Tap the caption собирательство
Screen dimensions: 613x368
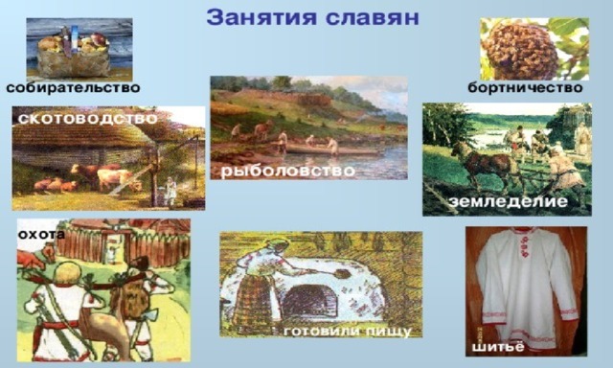coord(73,87)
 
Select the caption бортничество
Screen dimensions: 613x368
coord(525,87)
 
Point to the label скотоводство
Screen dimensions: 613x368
coord(88,119)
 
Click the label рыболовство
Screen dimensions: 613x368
coord(288,171)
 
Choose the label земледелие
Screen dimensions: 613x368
coord(509,201)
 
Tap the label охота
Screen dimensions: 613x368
coord(41,234)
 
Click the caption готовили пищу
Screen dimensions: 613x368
coord(347,332)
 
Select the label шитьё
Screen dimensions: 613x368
coord(498,347)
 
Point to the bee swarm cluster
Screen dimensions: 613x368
coord(521,51)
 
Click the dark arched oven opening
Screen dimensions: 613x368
coord(309,300)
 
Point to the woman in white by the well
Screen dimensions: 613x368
coord(170,192)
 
